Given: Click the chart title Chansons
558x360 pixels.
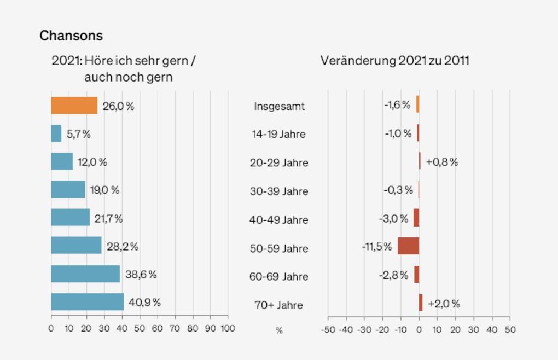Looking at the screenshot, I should [x=71, y=36].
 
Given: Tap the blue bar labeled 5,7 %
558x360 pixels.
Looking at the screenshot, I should [x=56, y=133].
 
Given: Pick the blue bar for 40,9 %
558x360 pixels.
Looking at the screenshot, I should [x=88, y=303].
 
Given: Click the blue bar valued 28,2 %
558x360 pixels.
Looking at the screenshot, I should [x=76, y=246].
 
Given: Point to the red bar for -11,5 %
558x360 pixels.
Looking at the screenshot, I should [x=408, y=246].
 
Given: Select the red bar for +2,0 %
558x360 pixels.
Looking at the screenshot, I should [x=421, y=303].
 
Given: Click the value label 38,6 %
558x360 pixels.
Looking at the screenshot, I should [x=141, y=275].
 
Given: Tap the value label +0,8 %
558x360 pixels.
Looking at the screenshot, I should [x=441, y=162].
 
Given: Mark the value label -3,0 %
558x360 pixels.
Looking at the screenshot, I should [x=393, y=218].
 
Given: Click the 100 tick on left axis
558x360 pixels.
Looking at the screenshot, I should [x=227, y=329].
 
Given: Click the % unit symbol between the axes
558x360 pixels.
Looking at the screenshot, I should [x=279, y=330].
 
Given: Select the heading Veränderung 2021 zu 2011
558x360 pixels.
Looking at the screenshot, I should [x=394, y=61].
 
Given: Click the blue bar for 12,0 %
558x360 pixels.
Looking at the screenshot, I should [x=62, y=161].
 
